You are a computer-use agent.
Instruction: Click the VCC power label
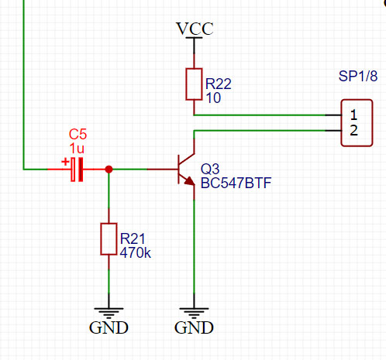[x=195, y=29]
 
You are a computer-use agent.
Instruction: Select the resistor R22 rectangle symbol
[x=194, y=84]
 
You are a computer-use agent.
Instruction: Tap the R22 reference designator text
[x=219, y=84]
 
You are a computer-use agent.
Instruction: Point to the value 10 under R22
[x=213, y=98]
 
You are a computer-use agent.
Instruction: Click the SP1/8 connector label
[x=358, y=76]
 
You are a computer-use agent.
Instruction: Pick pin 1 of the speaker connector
[x=353, y=115]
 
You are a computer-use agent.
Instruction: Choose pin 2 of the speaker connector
[x=353, y=130]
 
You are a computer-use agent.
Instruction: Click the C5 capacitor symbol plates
[x=77, y=170]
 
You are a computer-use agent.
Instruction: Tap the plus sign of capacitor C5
[x=65, y=162]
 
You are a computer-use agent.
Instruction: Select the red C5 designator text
[x=78, y=134]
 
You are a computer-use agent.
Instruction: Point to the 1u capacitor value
[x=77, y=149]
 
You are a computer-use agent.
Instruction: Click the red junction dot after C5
[x=109, y=170]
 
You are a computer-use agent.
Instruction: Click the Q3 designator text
[x=210, y=170]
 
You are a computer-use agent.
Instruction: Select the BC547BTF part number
[x=236, y=183]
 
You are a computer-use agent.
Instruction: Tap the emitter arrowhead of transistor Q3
[x=190, y=181]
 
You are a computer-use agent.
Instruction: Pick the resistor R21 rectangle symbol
[x=109, y=239]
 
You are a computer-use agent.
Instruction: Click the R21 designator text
[x=133, y=238]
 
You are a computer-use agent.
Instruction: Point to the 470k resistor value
[x=136, y=252]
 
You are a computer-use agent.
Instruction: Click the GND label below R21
[x=109, y=327]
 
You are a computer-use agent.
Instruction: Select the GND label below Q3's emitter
[x=194, y=327]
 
